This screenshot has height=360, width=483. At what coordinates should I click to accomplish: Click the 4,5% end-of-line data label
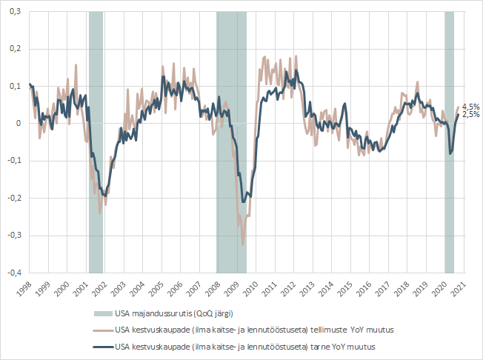(x=471, y=107)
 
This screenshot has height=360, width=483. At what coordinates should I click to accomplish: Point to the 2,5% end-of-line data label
(x=471, y=115)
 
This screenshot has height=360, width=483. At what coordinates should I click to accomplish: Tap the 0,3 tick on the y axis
(x=15, y=11)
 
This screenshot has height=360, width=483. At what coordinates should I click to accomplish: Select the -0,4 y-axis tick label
(x=14, y=273)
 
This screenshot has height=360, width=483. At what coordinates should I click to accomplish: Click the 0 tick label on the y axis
(x=19, y=124)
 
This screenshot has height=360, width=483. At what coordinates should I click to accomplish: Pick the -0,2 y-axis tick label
(x=14, y=198)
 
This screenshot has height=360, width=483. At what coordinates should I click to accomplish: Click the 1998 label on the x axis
(x=24, y=289)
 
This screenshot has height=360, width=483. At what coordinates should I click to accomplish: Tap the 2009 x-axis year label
(x=232, y=289)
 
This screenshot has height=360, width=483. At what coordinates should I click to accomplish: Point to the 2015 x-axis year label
(x=345, y=289)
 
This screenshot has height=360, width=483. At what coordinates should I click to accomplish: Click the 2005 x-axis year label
(x=156, y=289)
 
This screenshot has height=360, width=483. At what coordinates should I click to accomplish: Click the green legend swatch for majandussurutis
(x=103, y=314)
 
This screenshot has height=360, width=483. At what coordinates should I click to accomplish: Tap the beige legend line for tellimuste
(x=103, y=330)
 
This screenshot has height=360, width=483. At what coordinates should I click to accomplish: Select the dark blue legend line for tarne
(x=103, y=347)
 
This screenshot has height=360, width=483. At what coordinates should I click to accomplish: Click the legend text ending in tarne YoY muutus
(x=245, y=347)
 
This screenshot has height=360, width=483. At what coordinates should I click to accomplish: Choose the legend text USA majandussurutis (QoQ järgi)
(x=174, y=314)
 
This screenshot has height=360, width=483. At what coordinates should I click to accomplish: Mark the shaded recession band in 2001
(x=96, y=142)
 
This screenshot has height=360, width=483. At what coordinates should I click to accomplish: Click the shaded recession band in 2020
(x=449, y=142)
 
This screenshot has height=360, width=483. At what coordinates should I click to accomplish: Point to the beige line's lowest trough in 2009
(x=243, y=245)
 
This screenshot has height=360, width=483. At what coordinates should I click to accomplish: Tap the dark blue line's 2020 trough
(x=450, y=153)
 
